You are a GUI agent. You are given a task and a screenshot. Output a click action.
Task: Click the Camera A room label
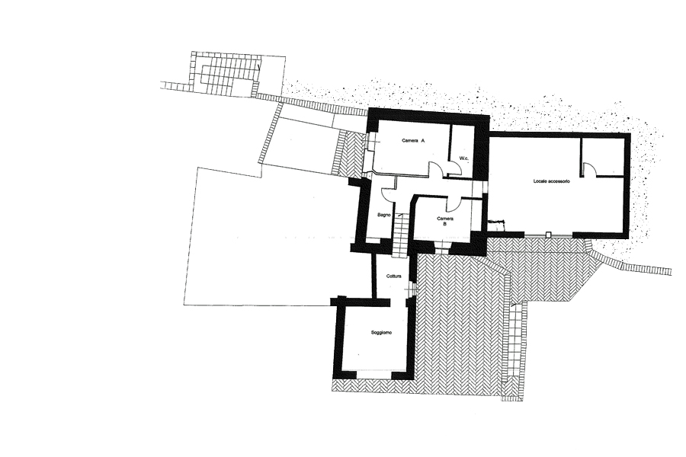click(x=413, y=141)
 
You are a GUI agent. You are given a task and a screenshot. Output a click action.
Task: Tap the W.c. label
click(x=464, y=158)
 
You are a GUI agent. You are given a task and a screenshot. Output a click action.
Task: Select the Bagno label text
click(x=383, y=215)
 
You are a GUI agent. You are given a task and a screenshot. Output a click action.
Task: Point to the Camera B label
click(x=445, y=221)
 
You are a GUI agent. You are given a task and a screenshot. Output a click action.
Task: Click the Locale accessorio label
click(x=551, y=181)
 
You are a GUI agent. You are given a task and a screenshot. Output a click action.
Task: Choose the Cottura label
click(x=394, y=276)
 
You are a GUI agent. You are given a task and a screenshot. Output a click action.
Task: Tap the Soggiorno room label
click(x=381, y=332)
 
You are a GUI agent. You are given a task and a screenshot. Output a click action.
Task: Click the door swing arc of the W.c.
click(x=455, y=167)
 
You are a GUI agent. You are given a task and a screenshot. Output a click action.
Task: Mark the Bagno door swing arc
click(x=388, y=193)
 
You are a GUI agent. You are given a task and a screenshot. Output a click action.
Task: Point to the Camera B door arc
click(x=454, y=203)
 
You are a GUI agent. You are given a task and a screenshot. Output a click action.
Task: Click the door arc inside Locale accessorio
click(x=589, y=168)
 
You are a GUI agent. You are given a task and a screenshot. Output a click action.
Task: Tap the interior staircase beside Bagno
click(x=400, y=235)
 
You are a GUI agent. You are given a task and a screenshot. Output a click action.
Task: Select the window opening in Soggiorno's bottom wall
click(x=373, y=374)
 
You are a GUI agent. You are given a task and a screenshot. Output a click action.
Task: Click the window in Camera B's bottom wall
click(x=441, y=248)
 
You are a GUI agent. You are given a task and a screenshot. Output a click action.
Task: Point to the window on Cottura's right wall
click(x=412, y=288)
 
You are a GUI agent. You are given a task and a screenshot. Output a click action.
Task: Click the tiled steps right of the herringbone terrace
click(x=516, y=350)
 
